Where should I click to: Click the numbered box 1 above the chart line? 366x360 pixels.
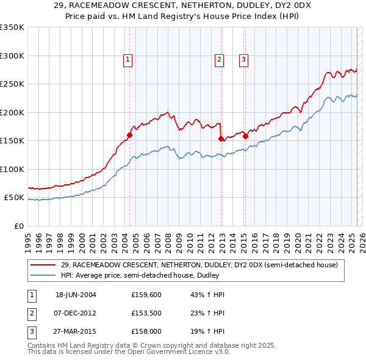(x=128, y=59)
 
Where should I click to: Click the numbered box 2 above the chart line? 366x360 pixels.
(x=219, y=59)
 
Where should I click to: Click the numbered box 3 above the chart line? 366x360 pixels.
(x=243, y=59)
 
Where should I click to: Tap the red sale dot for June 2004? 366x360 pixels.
(x=129, y=135)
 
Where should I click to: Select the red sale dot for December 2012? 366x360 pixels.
(x=221, y=139)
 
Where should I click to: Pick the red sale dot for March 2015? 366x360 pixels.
(x=245, y=136)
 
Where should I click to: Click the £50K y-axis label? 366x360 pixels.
(x=14, y=198)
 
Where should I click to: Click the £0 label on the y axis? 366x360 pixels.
(x=19, y=226)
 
